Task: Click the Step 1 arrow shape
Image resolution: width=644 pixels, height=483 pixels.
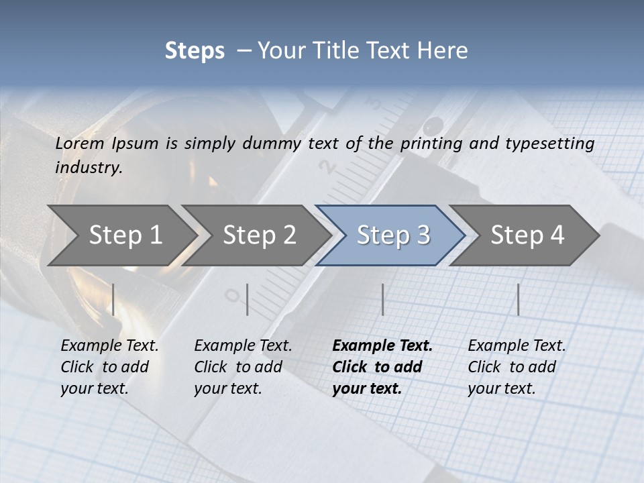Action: point(125,235)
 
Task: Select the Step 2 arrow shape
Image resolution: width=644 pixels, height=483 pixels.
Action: point(259,235)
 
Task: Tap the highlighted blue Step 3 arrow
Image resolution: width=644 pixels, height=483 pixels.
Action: point(393,235)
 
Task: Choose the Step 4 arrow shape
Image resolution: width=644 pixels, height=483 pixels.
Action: point(527,235)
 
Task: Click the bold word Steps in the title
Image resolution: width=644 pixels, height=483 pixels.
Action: point(195,51)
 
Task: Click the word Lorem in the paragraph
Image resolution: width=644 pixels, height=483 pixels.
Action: point(80,144)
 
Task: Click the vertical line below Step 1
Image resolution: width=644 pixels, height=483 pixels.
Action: point(113,299)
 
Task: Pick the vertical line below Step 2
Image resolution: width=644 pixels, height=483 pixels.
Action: point(248,299)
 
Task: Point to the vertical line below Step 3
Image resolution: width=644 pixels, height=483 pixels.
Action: point(382,299)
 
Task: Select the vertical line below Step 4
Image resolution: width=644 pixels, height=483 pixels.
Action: point(518,299)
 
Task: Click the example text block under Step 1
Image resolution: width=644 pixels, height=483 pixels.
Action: point(109,367)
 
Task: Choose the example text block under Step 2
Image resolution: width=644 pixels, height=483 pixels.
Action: point(243,367)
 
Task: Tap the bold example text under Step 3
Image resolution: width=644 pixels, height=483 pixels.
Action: point(382,367)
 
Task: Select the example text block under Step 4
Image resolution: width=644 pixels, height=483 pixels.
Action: point(516,367)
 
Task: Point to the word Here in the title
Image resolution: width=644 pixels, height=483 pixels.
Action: point(445,51)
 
